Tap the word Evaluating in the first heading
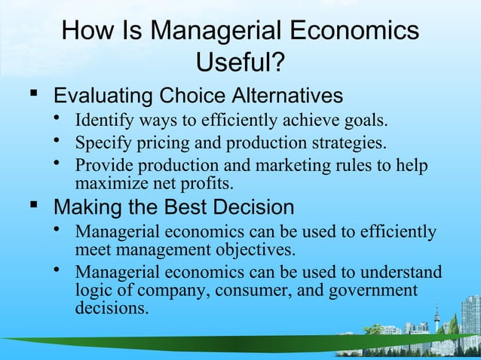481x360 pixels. pos(100,96)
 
